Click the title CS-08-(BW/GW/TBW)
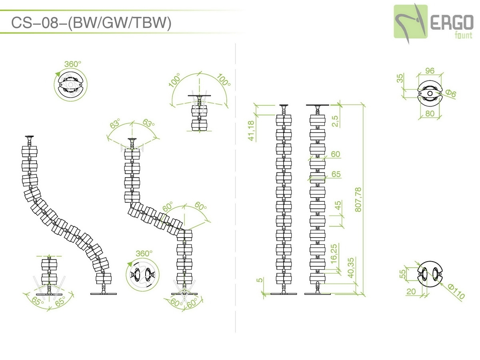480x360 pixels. click(91, 22)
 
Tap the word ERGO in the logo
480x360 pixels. click(452, 22)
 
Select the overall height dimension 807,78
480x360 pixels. click(358, 200)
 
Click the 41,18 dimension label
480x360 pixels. click(251, 130)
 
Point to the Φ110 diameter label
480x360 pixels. click(456, 292)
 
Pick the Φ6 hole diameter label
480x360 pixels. click(451, 94)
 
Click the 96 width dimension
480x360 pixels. click(430, 71)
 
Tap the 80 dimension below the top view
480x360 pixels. click(430, 114)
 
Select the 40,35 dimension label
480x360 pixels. click(350, 268)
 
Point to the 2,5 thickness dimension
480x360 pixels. click(335, 121)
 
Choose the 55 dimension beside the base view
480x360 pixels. click(402, 274)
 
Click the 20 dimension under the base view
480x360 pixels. click(411, 291)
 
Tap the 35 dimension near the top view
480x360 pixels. click(400, 78)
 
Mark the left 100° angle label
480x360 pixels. click(175, 80)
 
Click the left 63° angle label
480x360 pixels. click(115, 124)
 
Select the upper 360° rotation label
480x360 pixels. click(73, 64)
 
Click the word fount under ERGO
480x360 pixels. click(464, 35)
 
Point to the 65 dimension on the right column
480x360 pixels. click(336, 174)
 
